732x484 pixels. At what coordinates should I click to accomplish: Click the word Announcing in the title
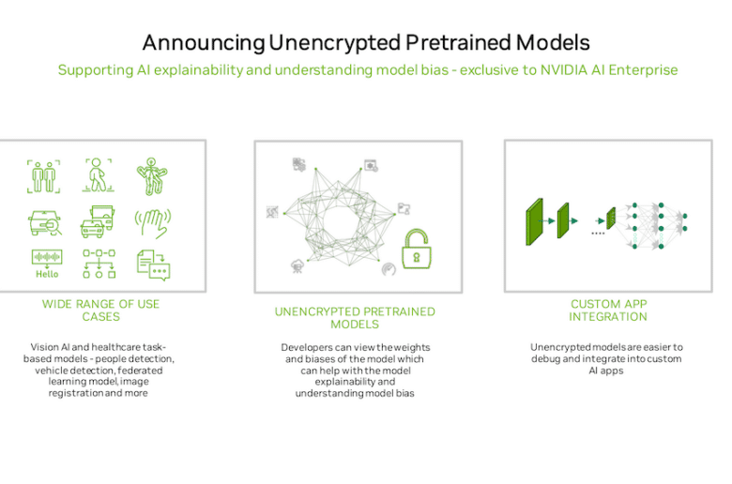click(x=204, y=43)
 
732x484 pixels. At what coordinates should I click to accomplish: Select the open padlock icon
click(x=417, y=249)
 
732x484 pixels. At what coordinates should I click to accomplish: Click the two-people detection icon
click(x=43, y=176)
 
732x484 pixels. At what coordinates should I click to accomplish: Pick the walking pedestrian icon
click(x=98, y=175)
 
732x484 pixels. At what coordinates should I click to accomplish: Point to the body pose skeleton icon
click(x=152, y=176)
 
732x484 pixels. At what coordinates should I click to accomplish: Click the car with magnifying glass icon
click(x=45, y=222)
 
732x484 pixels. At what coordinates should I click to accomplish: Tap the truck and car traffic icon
click(x=98, y=221)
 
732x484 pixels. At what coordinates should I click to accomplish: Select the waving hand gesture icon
click(x=153, y=223)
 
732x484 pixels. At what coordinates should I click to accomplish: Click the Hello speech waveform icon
click(x=47, y=265)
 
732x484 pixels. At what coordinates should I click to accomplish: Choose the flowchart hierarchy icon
click(x=99, y=264)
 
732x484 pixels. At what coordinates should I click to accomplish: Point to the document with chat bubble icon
click(x=153, y=265)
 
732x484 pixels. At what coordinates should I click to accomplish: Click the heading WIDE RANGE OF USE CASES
click(x=100, y=310)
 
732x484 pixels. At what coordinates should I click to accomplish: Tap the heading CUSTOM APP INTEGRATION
click(x=608, y=310)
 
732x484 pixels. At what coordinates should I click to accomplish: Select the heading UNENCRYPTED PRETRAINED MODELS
click(x=355, y=318)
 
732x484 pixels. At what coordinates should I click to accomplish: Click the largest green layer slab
click(x=535, y=221)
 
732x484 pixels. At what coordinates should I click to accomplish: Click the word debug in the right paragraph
click(x=545, y=359)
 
